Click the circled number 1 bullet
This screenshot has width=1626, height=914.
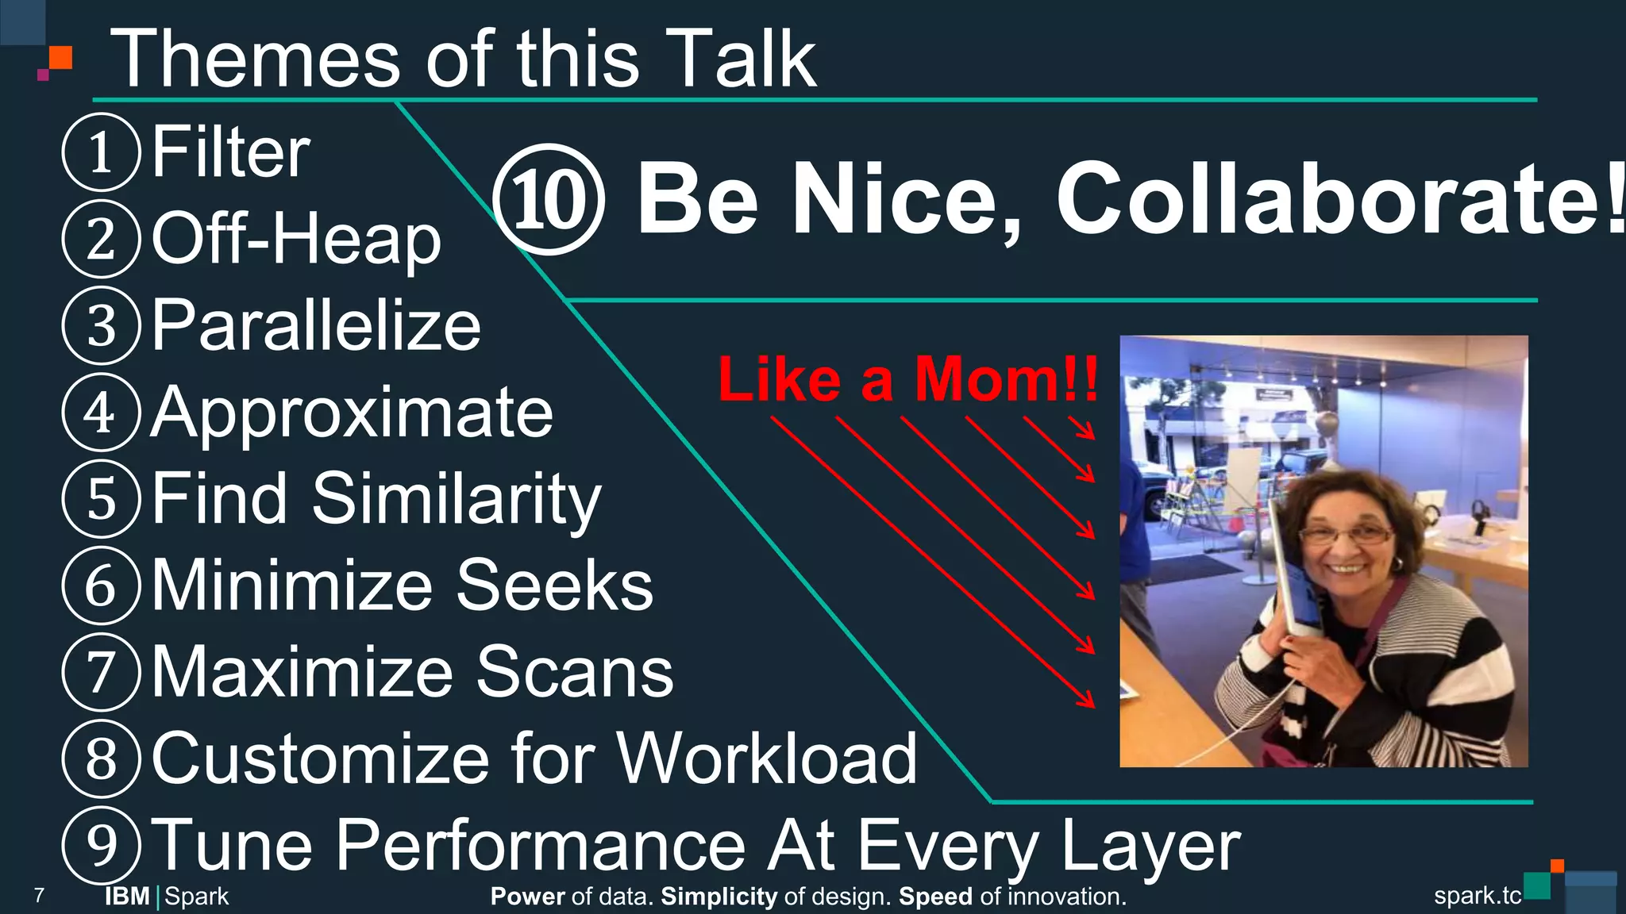(x=101, y=152)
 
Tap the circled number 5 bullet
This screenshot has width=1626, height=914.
(x=101, y=499)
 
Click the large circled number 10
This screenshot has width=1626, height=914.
(x=549, y=199)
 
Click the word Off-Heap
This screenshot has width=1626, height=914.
(x=295, y=239)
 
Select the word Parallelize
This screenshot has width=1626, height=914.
(x=316, y=325)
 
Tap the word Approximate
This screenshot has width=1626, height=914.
(x=352, y=413)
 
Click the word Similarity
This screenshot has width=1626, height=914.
(x=457, y=499)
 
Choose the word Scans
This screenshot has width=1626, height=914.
(x=574, y=672)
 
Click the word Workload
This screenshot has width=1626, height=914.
(x=767, y=758)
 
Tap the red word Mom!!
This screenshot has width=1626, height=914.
(x=1007, y=379)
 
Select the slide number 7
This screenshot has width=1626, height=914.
(x=40, y=897)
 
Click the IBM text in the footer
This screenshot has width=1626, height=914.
(x=127, y=897)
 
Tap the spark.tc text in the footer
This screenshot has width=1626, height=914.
(x=1477, y=896)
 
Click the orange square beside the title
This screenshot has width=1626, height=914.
(x=60, y=58)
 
